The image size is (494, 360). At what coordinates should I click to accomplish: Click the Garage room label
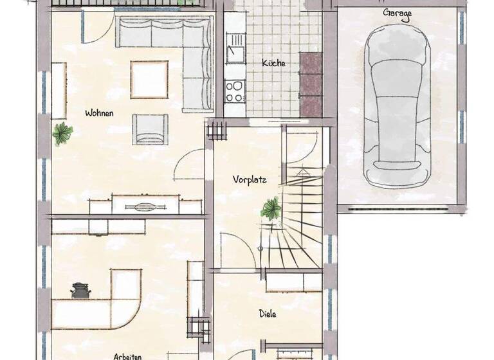point(397,13)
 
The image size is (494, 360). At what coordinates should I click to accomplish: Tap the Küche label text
point(273,63)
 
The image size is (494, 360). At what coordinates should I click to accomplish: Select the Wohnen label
point(99,113)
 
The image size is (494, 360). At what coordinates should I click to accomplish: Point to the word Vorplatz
point(250,180)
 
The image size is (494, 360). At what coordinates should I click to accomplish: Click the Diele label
point(268,314)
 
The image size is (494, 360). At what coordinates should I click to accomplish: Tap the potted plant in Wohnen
point(62,133)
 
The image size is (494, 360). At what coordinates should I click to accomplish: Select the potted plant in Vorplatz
point(271,208)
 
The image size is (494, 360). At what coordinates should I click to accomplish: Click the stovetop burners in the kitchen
point(234,91)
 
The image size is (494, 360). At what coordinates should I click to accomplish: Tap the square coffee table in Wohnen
point(149,79)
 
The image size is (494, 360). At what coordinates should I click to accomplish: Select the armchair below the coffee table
point(151,129)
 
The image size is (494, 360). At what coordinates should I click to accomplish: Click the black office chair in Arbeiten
point(80,291)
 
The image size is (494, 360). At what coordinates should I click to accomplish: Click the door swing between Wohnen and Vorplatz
point(190,165)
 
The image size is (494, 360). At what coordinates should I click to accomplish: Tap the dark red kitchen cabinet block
point(311,84)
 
